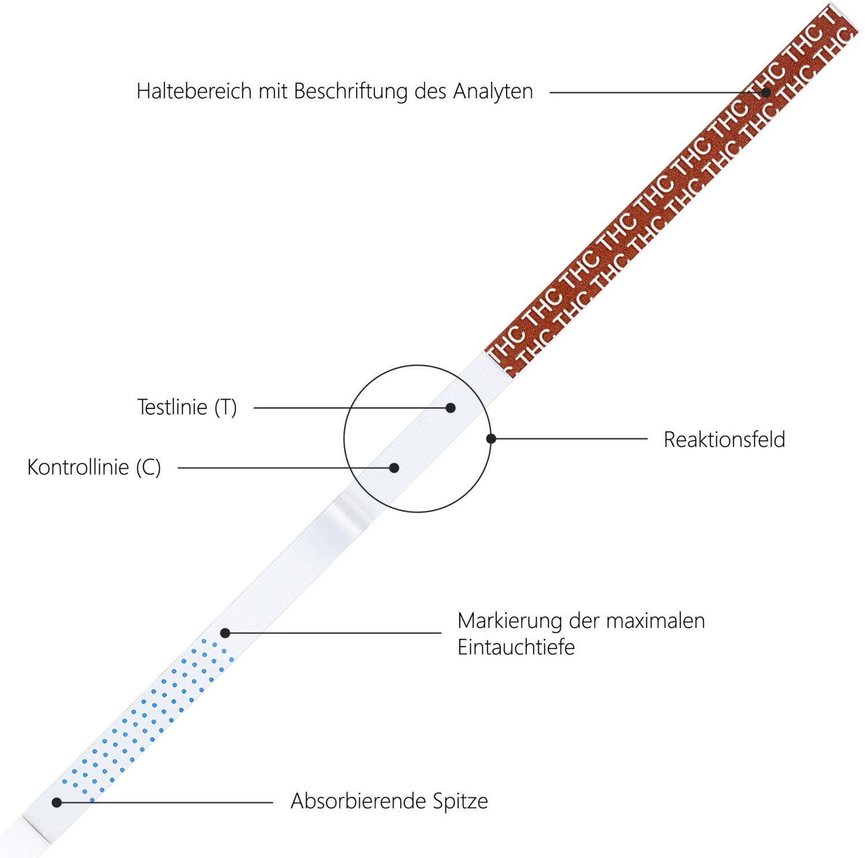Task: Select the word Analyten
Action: click(492, 91)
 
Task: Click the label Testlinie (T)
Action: click(187, 407)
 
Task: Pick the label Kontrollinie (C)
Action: click(94, 467)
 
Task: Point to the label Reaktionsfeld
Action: click(724, 440)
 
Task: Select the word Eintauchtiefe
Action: click(516, 647)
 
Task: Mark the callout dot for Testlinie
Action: click(451, 408)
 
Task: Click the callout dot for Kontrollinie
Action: click(394, 468)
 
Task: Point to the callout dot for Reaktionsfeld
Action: click(491, 439)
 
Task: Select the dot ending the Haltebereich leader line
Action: click(766, 92)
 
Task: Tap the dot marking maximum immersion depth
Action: click(226, 633)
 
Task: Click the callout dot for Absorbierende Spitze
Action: click(57, 802)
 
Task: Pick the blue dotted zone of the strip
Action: click(150, 715)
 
